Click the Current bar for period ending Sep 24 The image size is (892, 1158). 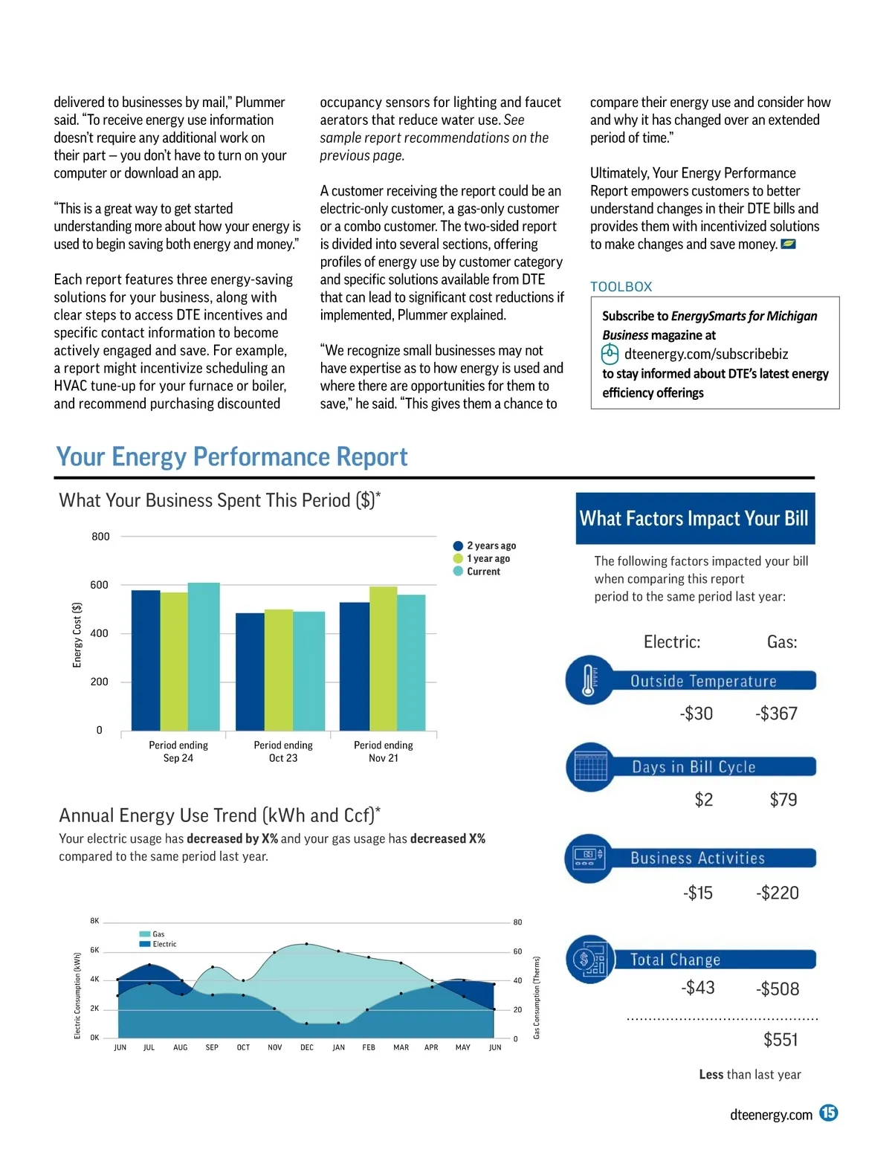click(x=204, y=657)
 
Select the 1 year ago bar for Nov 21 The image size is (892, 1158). click(x=383, y=659)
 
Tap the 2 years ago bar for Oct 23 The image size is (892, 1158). click(x=250, y=672)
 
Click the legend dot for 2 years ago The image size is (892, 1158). click(x=458, y=546)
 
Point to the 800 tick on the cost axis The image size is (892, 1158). click(x=100, y=537)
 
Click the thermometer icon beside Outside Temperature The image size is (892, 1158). click(x=589, y=680)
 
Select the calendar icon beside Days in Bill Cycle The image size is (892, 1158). click(x=590, y=767)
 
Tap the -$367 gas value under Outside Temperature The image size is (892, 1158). click(x=776, y=714)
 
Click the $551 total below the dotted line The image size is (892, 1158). click(x=780, y=1040)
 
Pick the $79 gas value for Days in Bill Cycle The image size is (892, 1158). click(x=783, y=800)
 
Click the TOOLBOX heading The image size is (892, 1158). click(x=621, y=287)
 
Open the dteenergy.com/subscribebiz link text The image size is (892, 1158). click(x=705, y=355)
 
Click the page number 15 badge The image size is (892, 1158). click(x=828, y=1113)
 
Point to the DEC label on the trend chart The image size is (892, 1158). click(x=307, y=1047)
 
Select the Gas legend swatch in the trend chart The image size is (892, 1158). click(x=145, y=934)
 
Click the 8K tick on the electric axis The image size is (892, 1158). click(x=94, y=921)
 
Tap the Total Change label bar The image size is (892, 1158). click(x=714, y=960)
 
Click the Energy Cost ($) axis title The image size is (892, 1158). click(x=77, y=635)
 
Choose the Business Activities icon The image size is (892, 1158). click(x=589, y=858)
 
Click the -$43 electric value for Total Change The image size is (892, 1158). click(x=697, y=988)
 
